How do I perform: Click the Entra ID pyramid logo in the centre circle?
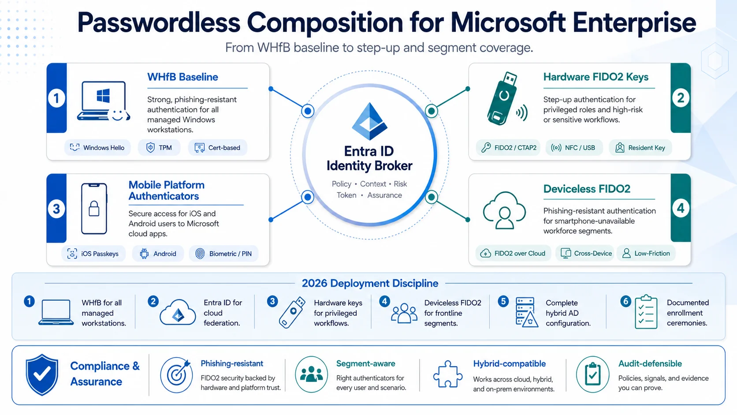(x=369, y=121)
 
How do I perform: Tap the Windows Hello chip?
(x=97, y=148)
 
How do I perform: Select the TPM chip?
(x=159, y=148)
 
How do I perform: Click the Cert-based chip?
(x=217, y=148)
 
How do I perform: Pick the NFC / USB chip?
(x=574, y=148)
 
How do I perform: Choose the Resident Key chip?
(x=640, y=148)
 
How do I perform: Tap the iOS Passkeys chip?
(x=93, y=254)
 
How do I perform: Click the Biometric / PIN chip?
(x=224, y=254)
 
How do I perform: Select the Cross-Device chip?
(x=584, y=254)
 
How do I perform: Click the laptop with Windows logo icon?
(x=103, y=101)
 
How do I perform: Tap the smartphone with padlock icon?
(x=94, y=209)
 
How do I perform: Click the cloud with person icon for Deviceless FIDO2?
(x=504, y=211)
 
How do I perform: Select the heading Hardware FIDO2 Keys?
(x=596, y=77)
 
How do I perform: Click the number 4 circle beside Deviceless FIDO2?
(x=681, y=208)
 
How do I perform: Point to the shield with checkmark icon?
(x=42, y=374)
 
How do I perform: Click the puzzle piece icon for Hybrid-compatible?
(x=447, y=374)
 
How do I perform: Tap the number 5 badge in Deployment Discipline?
(x=503, y=302)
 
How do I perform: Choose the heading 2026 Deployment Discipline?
(x=370, y=284)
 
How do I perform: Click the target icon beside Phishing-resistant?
(x=177, y=374)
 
